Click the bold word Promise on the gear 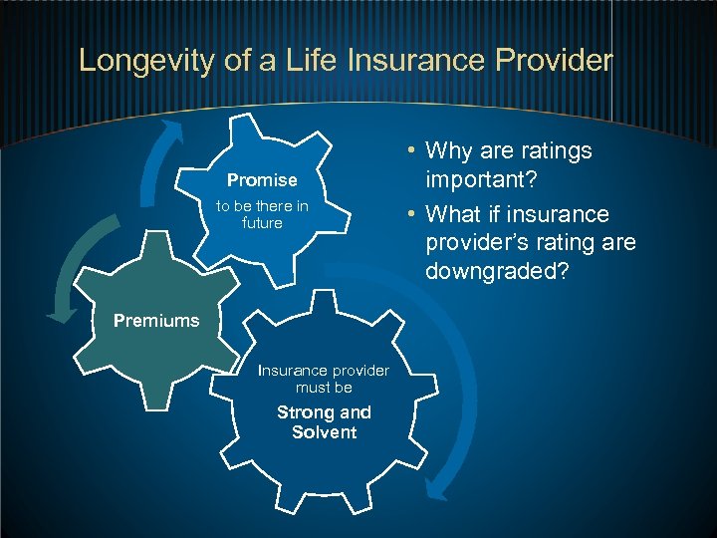coord(262,180)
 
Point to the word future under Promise coord(262,223)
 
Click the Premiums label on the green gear coord(156,321)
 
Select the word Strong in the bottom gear coord(303,412)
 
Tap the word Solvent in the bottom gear coord(324,432)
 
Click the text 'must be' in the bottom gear coord(324,388)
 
